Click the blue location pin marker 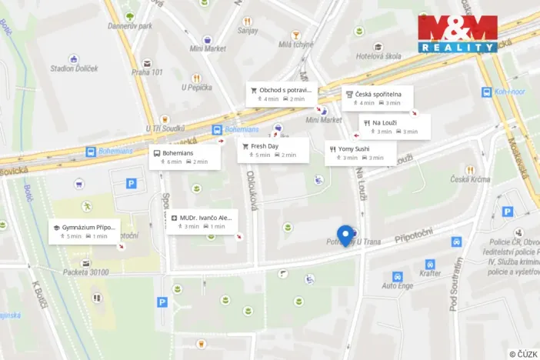tap(345, 235)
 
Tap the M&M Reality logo tap(458, 33)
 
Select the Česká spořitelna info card tap(377, 98)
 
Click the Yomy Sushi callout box tap(360, 152)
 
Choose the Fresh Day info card tap(272, 150)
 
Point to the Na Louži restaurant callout tap(394, 127)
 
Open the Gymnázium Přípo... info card tap(84, 232)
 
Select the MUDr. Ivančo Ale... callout tap(202, 222)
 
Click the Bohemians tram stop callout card tap(184, 157)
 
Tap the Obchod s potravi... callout tap(281, 94)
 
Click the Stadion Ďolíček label tap(74, 68)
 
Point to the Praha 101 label tap(146, 72)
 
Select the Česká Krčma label tap(470, 179)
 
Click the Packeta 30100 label tap(85, 272)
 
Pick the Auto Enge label tap(398, 285)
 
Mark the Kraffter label tap(431, 273)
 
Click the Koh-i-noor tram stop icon tap(487, 92)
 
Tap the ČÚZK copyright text tap(523, 354)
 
